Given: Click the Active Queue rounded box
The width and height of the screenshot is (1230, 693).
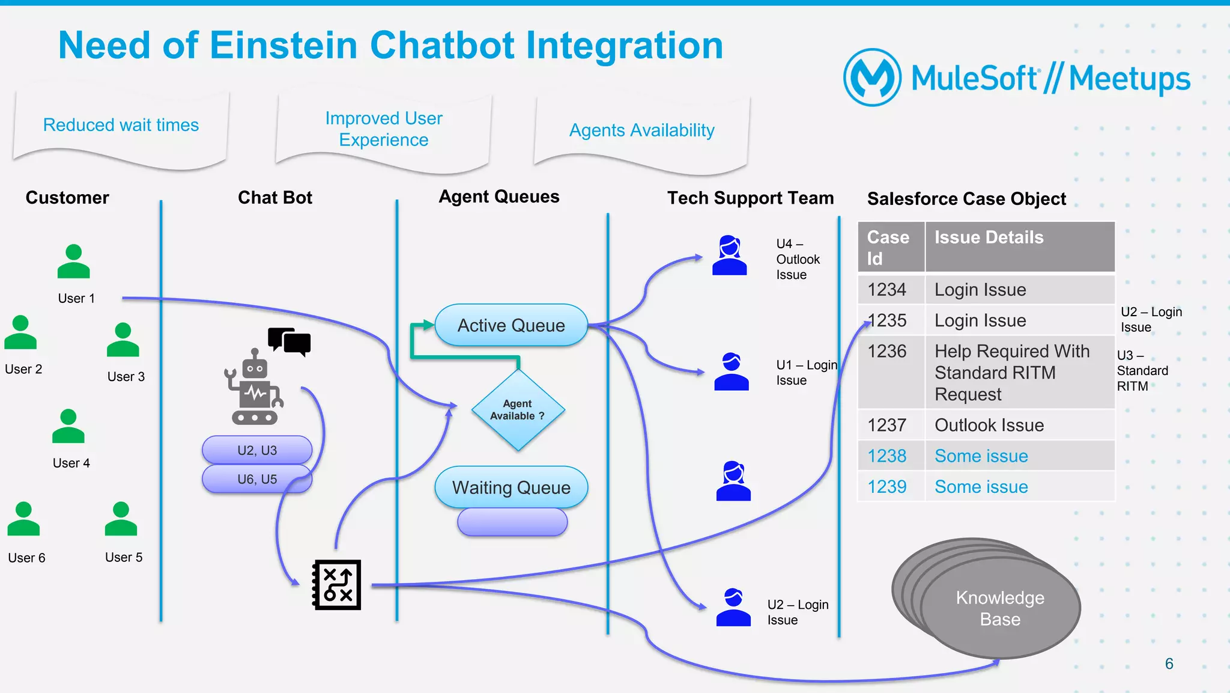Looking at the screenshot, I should click(511, 325).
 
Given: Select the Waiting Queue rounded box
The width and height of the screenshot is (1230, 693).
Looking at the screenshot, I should click(511, 487).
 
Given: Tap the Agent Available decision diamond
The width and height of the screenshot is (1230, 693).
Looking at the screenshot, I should click(518, 410).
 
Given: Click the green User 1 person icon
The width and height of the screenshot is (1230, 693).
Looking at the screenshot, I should click(73, 262).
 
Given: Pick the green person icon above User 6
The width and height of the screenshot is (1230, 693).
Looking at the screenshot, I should click(23, 519).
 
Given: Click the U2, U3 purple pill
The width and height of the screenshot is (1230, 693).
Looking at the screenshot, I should click(257, 450).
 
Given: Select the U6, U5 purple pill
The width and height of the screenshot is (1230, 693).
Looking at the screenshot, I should click(257, 479).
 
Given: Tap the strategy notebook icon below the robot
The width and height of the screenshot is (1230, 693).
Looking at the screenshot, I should click(337, 585).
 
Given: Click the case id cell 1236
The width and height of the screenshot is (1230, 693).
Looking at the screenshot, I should click(887, 352).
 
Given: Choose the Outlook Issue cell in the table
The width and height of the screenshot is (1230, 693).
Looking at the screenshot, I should click(989, 426).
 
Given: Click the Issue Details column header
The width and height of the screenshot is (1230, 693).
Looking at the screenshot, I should click(989, 238).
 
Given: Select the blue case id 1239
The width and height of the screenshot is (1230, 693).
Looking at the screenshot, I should click(887, 487).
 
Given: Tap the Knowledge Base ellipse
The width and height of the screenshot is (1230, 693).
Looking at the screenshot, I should click(1000, 608).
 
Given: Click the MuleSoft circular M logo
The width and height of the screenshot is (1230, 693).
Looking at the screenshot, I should click(872, 78).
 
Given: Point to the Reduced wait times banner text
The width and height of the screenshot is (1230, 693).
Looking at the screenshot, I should click(121, 125).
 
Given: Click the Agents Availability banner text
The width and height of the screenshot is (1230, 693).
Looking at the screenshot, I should click(641, 130).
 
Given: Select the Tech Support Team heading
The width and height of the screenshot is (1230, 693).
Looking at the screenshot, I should click(750, 198).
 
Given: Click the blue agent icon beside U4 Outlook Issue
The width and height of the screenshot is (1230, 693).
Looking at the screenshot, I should click(729, 256).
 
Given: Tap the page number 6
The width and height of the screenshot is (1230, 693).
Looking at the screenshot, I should click(1169, 664).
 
